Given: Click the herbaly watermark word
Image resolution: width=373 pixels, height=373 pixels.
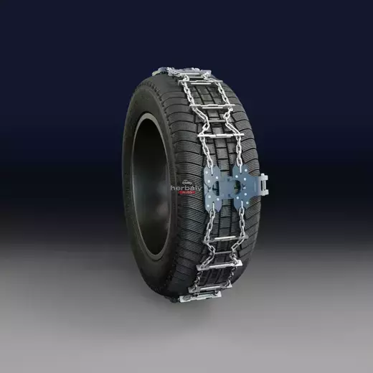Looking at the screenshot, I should pyautogui.click(x=184, y=186).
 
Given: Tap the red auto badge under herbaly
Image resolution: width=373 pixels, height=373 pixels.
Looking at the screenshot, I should pyautogui.click(x=186, y=192).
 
